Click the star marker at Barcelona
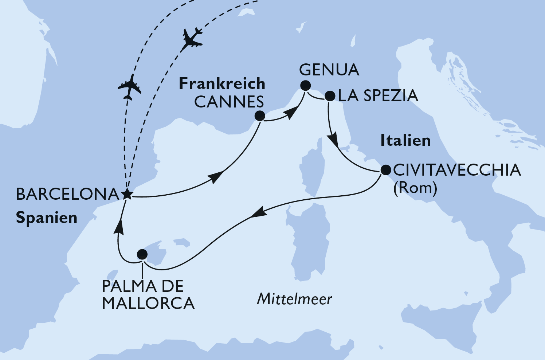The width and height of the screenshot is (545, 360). click(x=126, y=194)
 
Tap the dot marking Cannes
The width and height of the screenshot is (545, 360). click(x=259, y=116)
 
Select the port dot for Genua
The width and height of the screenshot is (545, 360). click(x=305, y=86)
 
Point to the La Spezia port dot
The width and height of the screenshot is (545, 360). click(x=329, y=96)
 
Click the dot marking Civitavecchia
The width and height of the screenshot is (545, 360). click(x=385, y=170)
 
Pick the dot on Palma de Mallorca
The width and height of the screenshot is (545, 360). click(x=142, y=254)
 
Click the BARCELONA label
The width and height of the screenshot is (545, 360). click(x=67, y=194)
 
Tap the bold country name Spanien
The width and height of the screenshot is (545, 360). click(x=47, y=218)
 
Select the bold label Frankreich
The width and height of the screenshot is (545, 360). click(x=222, y=84)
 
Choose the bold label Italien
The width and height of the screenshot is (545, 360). click(x=405, y=140)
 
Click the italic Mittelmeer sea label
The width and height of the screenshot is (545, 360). click(x=294, y=299)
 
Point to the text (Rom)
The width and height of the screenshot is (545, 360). click(x=415, y=188)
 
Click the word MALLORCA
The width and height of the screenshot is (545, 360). click(x=148, y=304)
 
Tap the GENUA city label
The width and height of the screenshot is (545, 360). click(x=329, y=70)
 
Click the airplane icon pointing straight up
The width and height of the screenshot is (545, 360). click(x=129, y=87)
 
